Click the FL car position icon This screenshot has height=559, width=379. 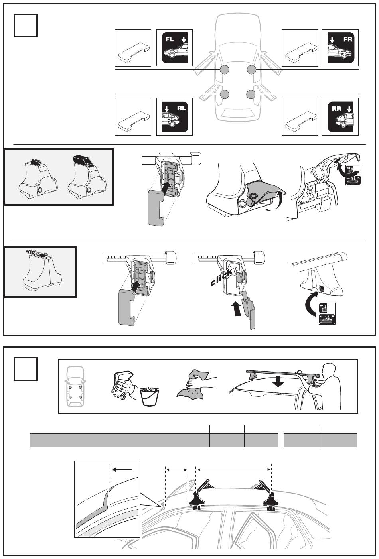click(174, 47)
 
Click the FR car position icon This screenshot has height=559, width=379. click(340, 47)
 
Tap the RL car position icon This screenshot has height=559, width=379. click(174, 116)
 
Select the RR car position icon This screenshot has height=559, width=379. click(340, 116)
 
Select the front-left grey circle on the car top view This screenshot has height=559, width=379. click(225, 70)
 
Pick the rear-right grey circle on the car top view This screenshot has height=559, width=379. click(251, 94)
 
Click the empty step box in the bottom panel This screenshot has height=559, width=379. click(26, 369)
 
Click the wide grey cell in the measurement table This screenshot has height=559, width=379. click(120, 441)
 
